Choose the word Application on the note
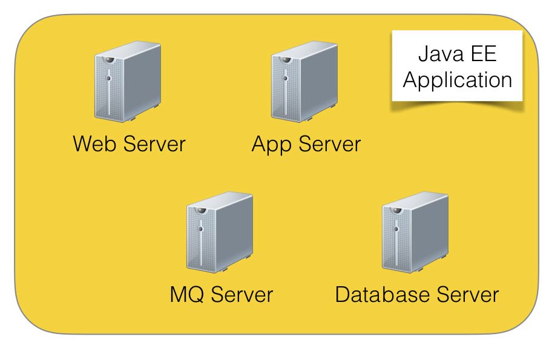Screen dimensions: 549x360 click(458, 80)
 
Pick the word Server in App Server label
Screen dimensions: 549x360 click(329, 145)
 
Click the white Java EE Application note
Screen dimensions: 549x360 click(458, 67)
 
